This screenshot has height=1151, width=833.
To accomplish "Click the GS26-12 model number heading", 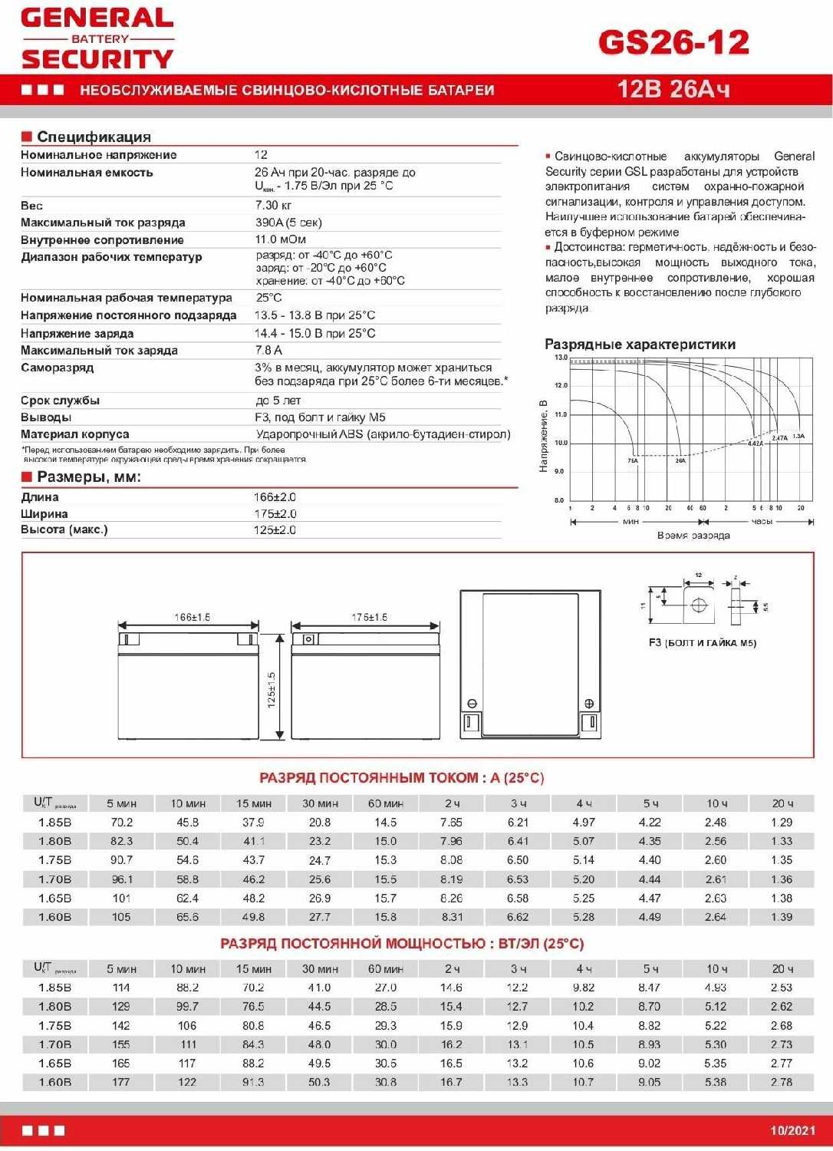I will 673,43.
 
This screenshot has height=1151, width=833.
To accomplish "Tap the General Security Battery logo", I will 97,38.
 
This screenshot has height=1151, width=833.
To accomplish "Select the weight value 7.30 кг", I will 273,206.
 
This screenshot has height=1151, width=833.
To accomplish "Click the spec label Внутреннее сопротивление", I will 102,240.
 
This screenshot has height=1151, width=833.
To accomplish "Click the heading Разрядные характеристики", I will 640,345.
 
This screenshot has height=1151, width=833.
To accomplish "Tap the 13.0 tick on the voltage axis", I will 561,358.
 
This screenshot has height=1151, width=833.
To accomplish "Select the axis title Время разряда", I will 693,535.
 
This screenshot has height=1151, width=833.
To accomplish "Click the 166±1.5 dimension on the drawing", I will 192,617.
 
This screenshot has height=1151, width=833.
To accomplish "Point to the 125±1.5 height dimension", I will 272,690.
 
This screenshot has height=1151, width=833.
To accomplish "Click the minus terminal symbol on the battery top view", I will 472,704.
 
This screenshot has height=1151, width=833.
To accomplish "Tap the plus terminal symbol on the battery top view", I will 589,704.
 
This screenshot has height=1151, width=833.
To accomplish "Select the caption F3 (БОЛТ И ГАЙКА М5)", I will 702,643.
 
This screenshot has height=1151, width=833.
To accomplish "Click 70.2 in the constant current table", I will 121,823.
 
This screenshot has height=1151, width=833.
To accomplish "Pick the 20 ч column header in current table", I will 782,803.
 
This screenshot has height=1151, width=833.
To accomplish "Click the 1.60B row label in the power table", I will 54,1082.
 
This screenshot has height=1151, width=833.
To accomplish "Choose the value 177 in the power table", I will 121,1082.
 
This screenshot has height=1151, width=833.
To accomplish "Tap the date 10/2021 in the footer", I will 792,1130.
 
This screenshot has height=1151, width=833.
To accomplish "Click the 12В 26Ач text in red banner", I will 673,90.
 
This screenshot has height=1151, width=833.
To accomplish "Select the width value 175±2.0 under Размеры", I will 275,514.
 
